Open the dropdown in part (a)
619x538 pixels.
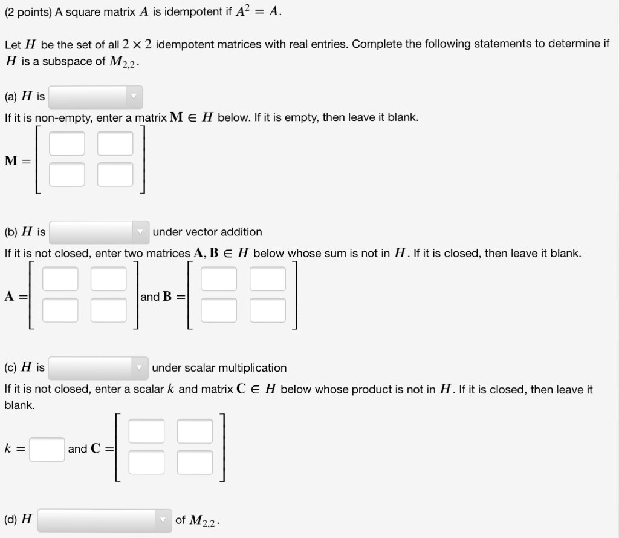(96, 97)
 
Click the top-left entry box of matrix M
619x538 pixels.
(67, 143)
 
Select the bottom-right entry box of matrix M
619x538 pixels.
(115, 175)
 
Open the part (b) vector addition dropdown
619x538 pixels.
(99, 232)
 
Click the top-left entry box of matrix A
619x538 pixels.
(60, 279)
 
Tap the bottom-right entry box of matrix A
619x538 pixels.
(109, 310)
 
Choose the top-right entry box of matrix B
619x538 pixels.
(268, 279)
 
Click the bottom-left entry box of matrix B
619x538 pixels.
(219, 310)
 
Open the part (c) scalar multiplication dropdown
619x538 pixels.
(99, 368)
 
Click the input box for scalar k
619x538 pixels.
(47, 449)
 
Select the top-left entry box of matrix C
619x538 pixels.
(146, 431)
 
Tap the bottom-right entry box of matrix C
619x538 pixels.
(195, 462)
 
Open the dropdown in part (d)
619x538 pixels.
(105, 520)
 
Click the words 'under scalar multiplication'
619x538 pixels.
(219, 368)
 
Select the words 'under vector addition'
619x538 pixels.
(207, 232)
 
